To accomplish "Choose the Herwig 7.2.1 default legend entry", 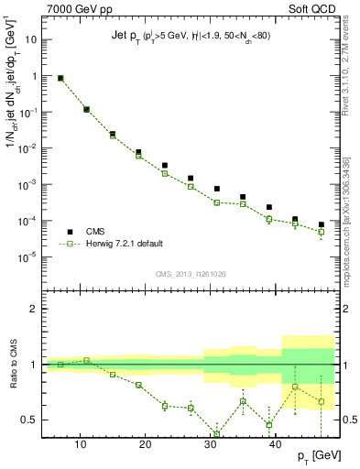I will [129, 245].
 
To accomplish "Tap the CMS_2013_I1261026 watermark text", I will [190, 273].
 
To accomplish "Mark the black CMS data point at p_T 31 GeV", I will [217, 189].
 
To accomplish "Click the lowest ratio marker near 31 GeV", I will [217, 434].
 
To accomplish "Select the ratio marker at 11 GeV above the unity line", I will [87, 360].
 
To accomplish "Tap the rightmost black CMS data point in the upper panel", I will [322, 224].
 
